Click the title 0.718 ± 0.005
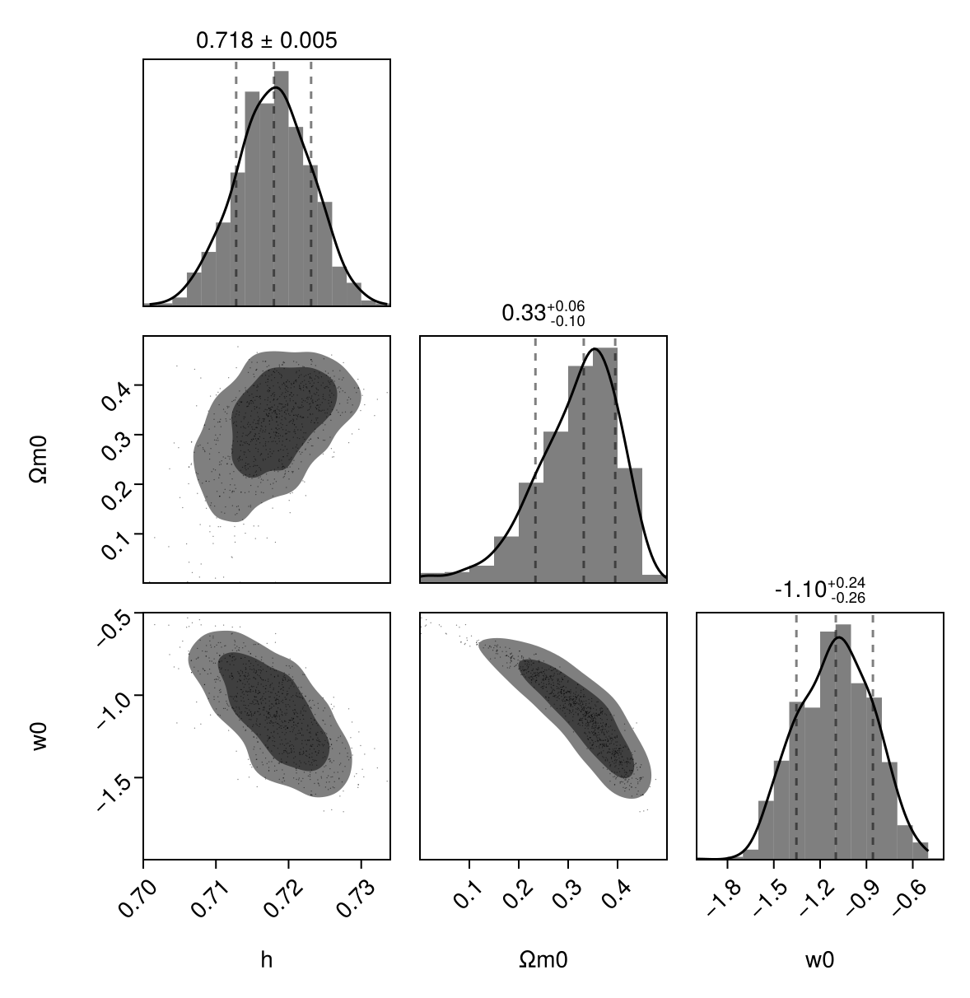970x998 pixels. pos(266,40)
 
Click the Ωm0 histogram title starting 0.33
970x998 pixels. pos(543,314)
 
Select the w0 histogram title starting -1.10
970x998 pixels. pos(820,590)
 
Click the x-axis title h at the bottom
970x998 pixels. pos(266,959)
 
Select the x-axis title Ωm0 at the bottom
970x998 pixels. pos(543,959)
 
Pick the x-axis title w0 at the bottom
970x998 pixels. pos(820,959)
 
